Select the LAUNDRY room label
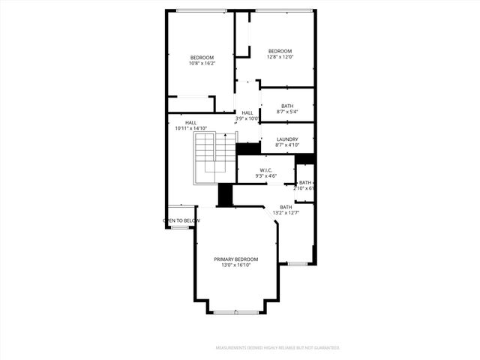point(287,139)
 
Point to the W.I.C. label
point(265,170)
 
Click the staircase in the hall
point(213,158)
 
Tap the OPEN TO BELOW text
point(181,220)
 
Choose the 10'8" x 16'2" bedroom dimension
point(202,64)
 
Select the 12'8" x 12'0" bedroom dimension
point(280,56)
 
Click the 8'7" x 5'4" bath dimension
point(287,112)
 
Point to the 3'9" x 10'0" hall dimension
point(247,118)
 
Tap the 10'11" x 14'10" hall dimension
point(190,128)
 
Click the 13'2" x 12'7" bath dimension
point(286,213)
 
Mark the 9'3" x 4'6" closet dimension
point(265,176)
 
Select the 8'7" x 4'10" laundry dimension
point(287,145)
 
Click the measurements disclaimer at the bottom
point(277,348)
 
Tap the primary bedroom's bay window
point(235,311)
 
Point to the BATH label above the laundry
point(287,106)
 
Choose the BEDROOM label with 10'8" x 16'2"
point(202,58)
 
